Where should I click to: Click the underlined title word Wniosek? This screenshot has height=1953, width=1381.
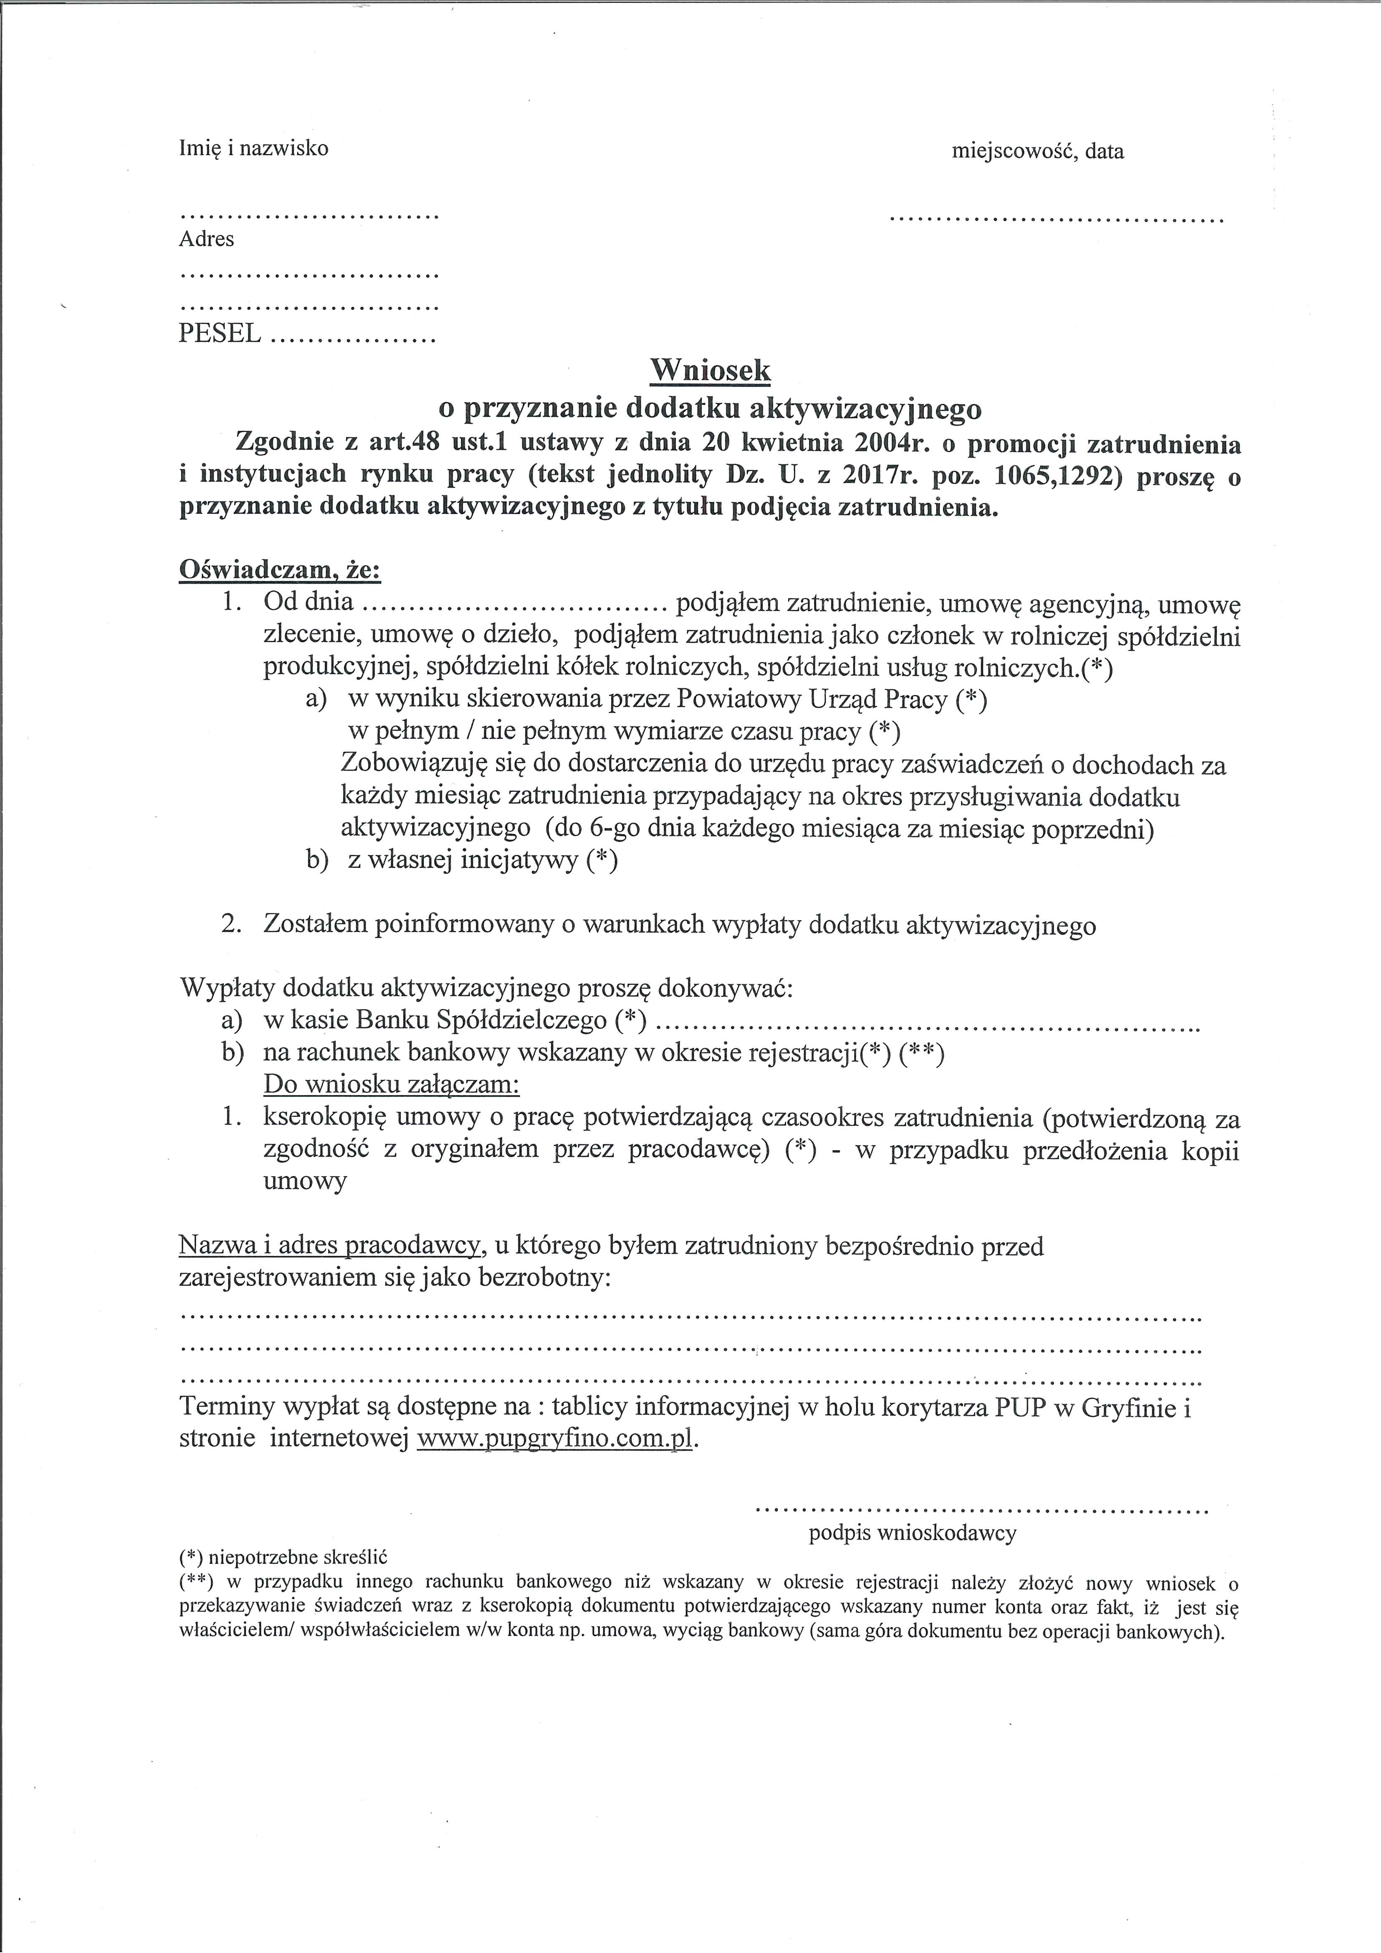710,370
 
